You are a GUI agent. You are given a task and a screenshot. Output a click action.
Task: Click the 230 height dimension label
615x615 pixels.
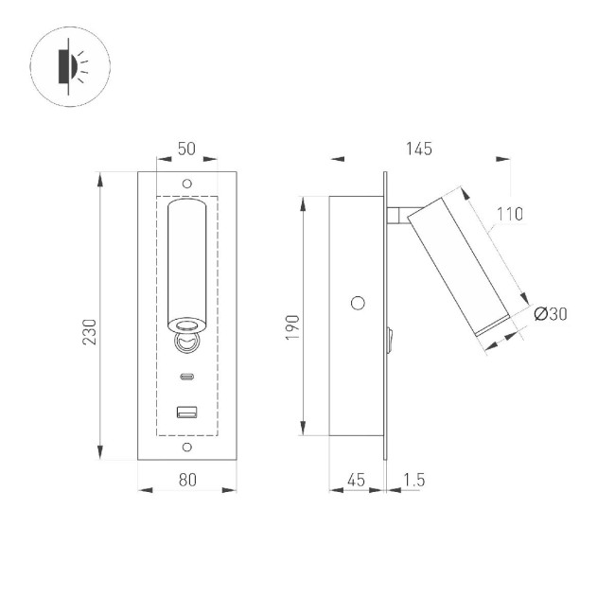click(90, 331)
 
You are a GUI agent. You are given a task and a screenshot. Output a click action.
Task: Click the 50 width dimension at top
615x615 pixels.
click(186, 149)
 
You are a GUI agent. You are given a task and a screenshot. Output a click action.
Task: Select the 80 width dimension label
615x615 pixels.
click(186, 480)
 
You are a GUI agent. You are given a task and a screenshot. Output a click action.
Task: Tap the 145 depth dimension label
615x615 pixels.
click(418, 149)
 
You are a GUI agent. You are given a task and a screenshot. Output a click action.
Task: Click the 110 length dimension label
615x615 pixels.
click(508, 214)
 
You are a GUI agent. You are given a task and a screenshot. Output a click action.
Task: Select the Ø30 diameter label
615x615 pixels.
click(551, 315)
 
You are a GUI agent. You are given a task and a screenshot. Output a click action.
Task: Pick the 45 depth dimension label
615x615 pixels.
click(356, 480)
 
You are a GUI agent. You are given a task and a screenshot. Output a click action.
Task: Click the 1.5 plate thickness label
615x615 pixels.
click(413, 480)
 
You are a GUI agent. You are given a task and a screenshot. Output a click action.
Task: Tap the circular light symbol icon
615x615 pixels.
click(71, 65)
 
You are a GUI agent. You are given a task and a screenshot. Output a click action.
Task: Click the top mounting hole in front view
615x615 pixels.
click(186, 183)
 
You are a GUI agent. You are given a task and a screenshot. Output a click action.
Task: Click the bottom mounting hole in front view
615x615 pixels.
click(186, 448)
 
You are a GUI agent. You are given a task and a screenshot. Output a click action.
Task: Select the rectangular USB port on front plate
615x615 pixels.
click(186, 412)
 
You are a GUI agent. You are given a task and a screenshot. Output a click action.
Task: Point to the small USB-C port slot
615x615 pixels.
click(186, 378)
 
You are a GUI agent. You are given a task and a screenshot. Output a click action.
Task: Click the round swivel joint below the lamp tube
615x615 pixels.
click(186, 342)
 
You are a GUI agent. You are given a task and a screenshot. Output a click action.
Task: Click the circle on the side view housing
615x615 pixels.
click(358, 303)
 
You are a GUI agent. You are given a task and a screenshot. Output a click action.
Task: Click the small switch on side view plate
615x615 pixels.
click(390, 339)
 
